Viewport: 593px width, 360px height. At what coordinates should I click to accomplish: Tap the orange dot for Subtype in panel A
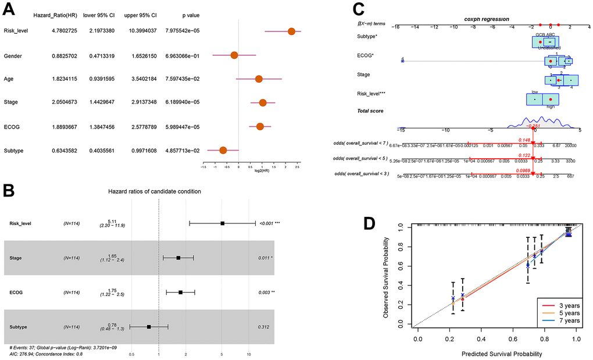[x=223, y=150]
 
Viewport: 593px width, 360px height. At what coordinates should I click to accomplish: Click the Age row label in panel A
[x=9, y=79]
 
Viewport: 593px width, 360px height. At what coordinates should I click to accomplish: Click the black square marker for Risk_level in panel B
[x=222, y=223]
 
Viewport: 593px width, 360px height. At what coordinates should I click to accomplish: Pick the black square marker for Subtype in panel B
[x=149, y=327]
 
